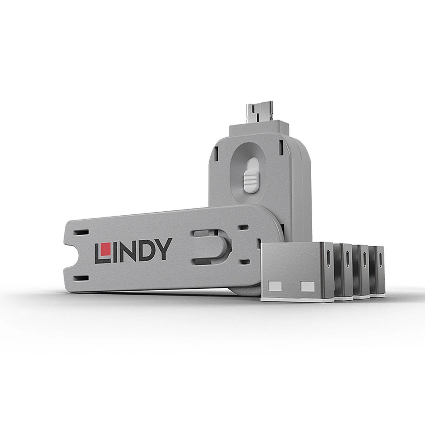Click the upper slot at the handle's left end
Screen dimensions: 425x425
(80, 232)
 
